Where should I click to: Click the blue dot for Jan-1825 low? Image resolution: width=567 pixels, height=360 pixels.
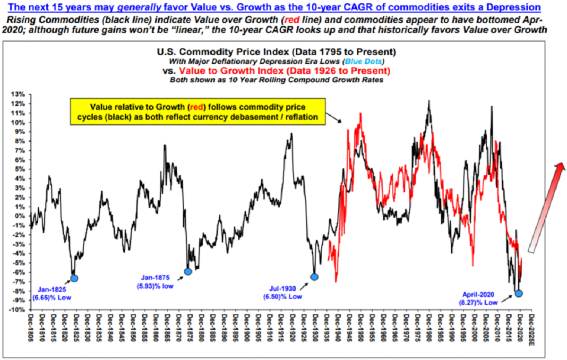(74, 278)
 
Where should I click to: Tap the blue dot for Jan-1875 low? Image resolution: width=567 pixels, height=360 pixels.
(188, 271)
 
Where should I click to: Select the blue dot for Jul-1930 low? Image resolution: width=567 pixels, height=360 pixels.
(314, 277)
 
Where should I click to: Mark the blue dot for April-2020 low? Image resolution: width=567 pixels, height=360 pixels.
(519, 293)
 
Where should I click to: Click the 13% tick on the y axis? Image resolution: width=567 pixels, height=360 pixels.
(20, 94)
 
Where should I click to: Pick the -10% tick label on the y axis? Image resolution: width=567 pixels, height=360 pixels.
(19, 310)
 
